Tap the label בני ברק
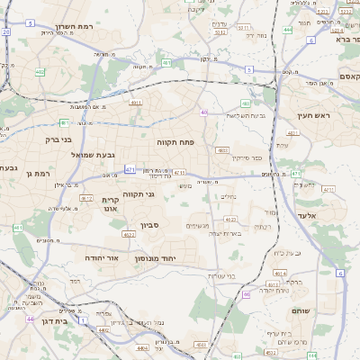point(57,139)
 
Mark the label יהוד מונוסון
point(156,258)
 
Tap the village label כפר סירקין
point(247,158)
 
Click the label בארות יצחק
point(221,233)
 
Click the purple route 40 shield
point(204,112)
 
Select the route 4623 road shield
point(230,219)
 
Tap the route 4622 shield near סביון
point(129,234)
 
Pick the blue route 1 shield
point(83,320)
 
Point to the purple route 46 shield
point(246,294)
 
